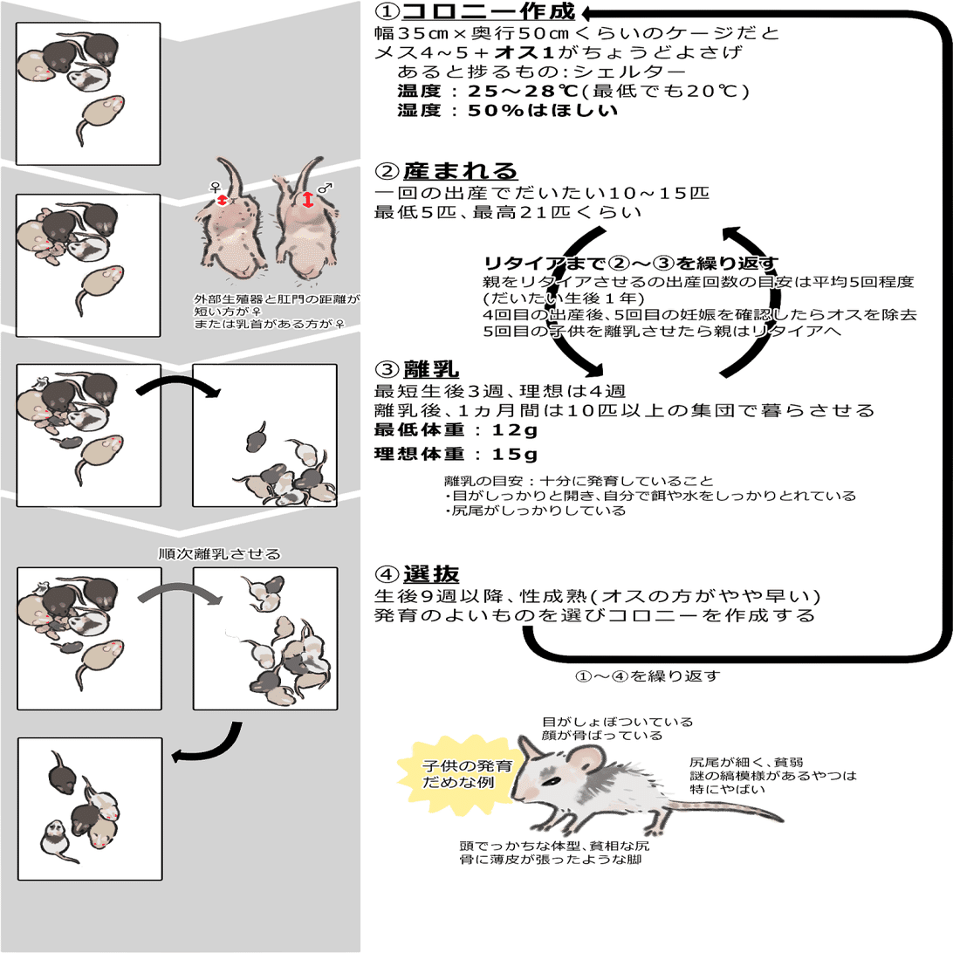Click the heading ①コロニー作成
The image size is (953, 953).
(x=476, y=12)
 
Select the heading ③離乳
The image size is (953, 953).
(x=418, y=369)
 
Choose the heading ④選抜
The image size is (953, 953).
(x=418, y=574)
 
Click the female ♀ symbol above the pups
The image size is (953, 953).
(x=215, y=186)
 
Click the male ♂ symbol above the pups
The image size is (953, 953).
(x=325, y=187)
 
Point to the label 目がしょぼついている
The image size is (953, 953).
(x=617, y=722)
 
